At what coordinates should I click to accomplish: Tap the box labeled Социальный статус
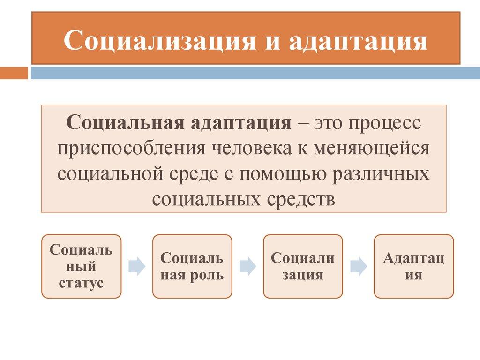[x=82, y=266]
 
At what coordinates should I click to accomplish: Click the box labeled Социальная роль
[x=192, y=266]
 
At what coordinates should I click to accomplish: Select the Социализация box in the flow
[x=303, y=266]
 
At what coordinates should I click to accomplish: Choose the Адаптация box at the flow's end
[x=414, y=266]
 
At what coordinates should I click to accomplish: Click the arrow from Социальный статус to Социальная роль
[x=137, y=266]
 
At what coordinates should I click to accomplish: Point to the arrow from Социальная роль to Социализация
[x=247, y=266]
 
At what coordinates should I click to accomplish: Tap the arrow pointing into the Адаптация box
[x=359, y=266]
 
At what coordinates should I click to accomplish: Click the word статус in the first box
[x=82, y=284]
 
